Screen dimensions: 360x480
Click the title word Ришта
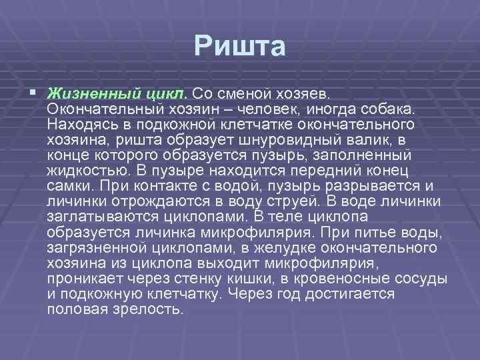240,47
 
